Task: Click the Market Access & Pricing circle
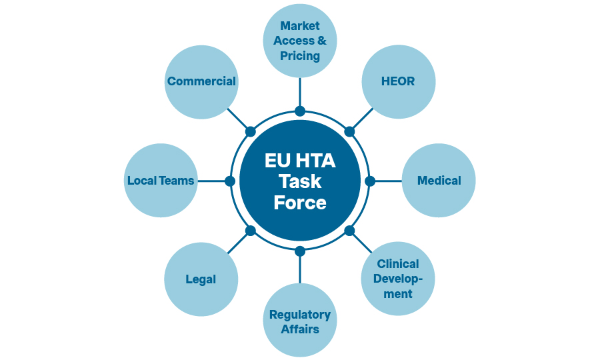(300, 41)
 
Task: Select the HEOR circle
(398, 82)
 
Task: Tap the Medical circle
(439, 181)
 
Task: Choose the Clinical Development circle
(398, 279)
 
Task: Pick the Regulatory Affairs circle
(300, 321)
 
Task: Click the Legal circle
(201, 279)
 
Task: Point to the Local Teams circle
(161, 181)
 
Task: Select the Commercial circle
(201, 82)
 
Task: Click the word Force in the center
(300, 202)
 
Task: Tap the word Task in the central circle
(300, 181)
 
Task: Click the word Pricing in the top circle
(300, 56)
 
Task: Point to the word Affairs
(300, 329)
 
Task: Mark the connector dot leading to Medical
(371, 181)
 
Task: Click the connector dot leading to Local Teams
(230, 181)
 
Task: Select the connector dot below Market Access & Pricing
(300, 111)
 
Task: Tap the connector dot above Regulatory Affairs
(300, 251)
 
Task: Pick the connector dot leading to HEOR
(349, 131)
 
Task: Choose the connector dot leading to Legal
(251, 231)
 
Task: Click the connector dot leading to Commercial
(251, 131)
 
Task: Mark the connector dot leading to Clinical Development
(349, 231)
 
